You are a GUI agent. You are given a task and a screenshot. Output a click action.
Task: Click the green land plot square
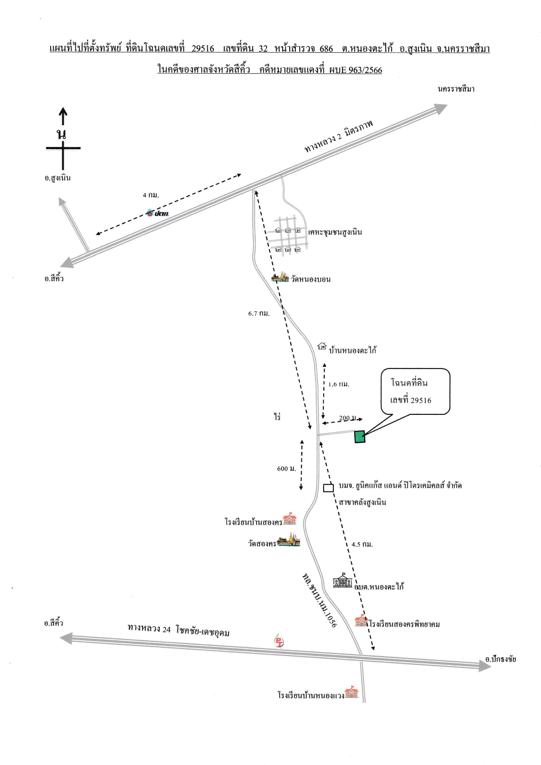(360, 437)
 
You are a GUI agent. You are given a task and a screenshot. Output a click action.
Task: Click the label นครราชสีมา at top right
(456, 89)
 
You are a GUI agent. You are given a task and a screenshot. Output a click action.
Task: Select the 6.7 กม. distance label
(259, 314)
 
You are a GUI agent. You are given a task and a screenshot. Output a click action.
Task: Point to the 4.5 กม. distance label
(362, 544)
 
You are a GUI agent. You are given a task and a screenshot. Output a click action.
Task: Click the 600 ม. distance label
(286, 468)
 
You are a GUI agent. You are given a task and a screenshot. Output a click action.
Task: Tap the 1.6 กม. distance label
(339, 384)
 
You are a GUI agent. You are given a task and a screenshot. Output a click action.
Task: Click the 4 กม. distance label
(151, 195)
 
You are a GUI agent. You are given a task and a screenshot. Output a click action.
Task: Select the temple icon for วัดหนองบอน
(280, 277)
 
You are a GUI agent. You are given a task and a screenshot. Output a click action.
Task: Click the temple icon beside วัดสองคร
(288, 541)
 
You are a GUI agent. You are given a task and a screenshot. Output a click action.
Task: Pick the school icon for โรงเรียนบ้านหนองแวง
(351, 693)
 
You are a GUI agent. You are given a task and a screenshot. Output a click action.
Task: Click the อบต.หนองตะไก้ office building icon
(342, 581)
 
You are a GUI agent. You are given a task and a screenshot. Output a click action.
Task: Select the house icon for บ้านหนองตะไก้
(322, 346)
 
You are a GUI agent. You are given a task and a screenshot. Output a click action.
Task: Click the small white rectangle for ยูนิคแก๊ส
(329, 488)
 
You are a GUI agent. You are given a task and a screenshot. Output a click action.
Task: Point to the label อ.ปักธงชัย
(500, 659)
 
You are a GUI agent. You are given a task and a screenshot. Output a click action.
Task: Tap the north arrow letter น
(62, 134)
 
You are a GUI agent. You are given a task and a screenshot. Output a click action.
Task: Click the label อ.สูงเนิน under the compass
(58, 178)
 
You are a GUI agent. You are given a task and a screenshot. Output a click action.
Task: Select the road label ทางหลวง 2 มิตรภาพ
(339, 136)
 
